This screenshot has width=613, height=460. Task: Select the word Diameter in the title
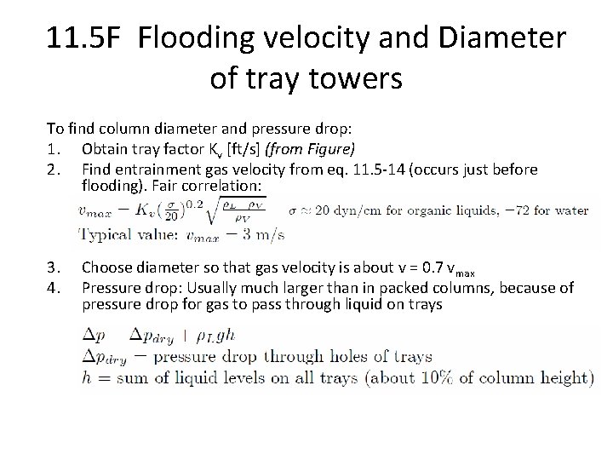coord(491,38)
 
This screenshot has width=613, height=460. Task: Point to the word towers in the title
coord(348,81)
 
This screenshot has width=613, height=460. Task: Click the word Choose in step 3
coord(106,272)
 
